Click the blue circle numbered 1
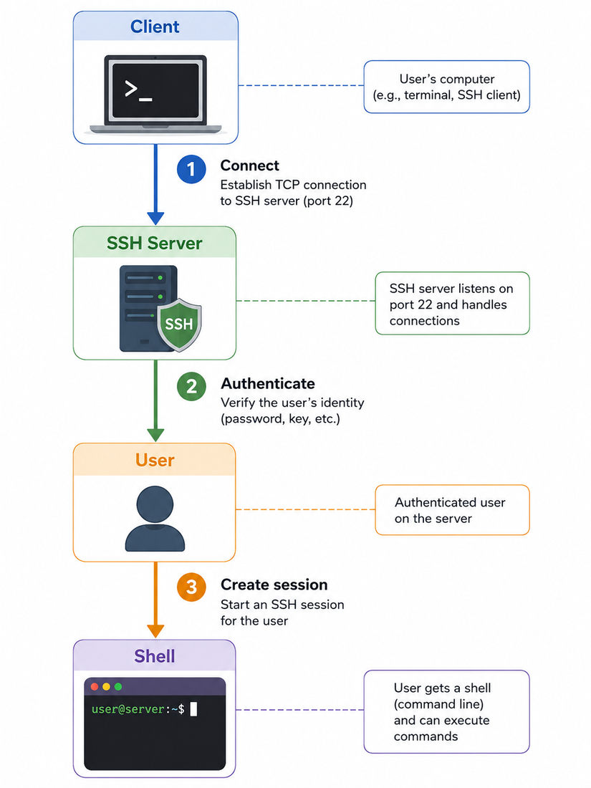tap(191, 169)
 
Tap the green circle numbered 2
tap(191, 386)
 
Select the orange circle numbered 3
tap(191, 587)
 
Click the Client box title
tap(155, 27)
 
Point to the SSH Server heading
tap(154, 244)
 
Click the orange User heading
tap(155, 461)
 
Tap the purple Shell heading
tap(154, 656)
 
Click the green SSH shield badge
tap(179, 325)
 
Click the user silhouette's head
tap(155, 505)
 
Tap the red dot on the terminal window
tap(95, 686)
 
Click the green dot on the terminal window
tap(118, 686)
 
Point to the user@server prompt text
tap(138, 709)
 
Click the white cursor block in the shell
tap(193, 709)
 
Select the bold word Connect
tap(249, 166)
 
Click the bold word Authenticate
tap(268, 383)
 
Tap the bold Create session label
tap(274, 585)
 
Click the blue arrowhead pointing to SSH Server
tap(155, 218)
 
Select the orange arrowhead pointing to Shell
tap(155, 631)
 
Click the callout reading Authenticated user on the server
tap(452, 510)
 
